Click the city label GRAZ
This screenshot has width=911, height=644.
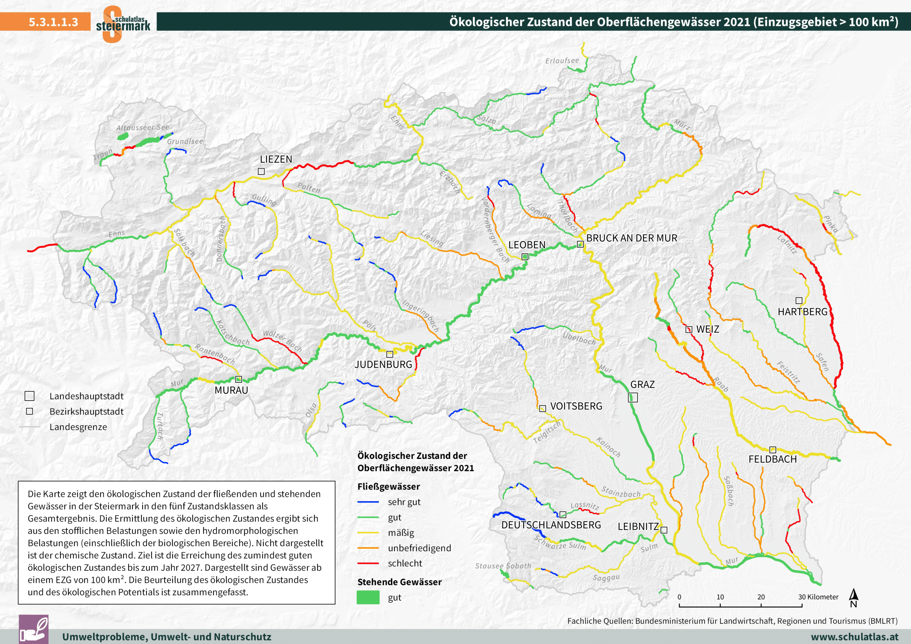tap(642, 384)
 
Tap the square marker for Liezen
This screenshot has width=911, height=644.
tap(261, 171)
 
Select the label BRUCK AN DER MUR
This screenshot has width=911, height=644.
tap(632, 238)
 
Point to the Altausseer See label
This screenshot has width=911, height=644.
tap(143, 127)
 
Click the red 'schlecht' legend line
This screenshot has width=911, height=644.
tap(368, 563)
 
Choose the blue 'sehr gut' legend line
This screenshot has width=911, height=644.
tap(368, 502)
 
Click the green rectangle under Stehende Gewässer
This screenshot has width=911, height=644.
tap(368, 597)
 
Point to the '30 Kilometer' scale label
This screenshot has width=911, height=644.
tap(818, 597)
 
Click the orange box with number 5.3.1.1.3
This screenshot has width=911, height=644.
tap(45, 22)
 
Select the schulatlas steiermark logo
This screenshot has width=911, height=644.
tap(123, 24)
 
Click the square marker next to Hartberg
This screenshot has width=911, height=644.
tap(799, 300)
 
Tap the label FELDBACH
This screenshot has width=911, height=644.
tap(772, 459)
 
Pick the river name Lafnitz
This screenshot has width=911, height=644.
tap(786, 245)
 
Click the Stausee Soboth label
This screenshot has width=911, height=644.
tap(503, 566)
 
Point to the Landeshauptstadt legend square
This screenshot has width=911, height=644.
tap(29, 396)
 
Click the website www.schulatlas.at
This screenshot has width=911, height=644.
tap(855, 637)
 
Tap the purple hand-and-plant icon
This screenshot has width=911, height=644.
tap(34, 630)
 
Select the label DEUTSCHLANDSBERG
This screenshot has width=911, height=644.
tap(551, 525)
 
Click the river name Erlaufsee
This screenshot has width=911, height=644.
tap(562, 61)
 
